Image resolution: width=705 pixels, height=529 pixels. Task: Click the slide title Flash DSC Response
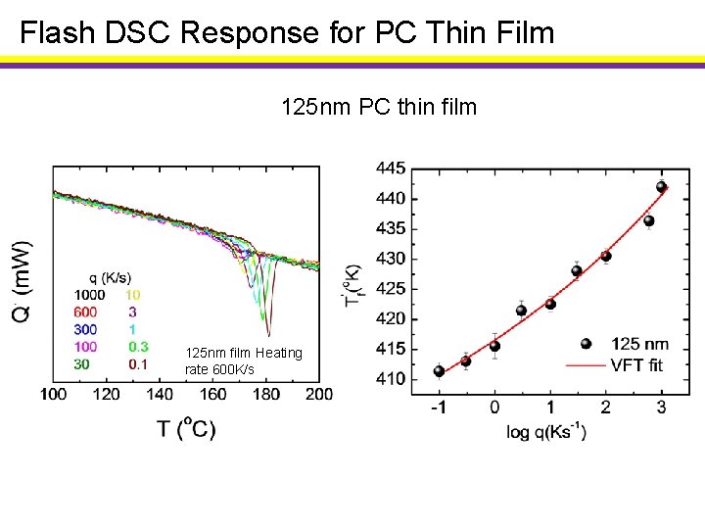[x=287, y=33]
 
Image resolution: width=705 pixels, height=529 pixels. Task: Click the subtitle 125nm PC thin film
[x=379, y=106]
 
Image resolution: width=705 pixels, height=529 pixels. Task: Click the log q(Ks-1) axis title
[x=546, y=432]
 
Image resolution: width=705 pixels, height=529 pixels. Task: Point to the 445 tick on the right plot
[x=391, y=168]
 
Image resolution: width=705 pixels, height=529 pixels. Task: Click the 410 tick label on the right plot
[x=391, y=379]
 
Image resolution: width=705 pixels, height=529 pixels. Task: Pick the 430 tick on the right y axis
[x=391, y=259]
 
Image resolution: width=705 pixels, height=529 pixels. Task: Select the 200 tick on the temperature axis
[x=319, y=394]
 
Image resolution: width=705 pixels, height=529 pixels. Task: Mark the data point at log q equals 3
[x=661, y=187]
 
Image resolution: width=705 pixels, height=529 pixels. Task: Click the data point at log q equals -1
[x=439, y=371]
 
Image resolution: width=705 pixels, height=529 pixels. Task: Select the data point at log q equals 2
[x=606, y=257]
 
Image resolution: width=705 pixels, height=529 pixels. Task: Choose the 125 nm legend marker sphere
[x=586, y=344]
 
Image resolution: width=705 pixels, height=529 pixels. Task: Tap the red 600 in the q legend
[x=86, y=311]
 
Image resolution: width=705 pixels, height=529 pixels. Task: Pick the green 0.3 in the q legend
[x=138, y=346]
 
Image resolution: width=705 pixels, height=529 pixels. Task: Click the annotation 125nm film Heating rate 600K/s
[x=244, y=361]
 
